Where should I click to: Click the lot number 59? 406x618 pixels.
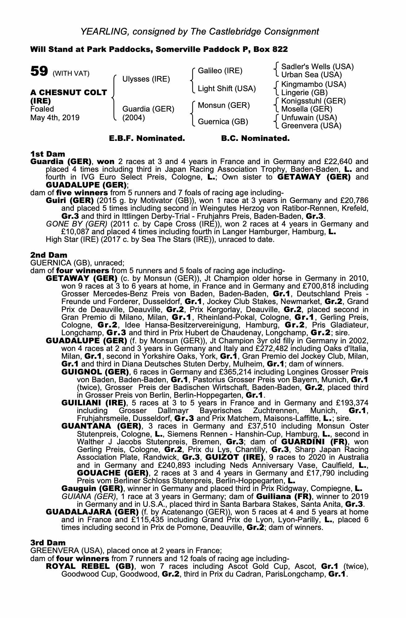[x=39, y=71]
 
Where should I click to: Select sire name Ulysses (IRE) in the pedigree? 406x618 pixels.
[x=146, y=79]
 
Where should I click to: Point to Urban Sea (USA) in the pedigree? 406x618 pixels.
[x=311, y=75]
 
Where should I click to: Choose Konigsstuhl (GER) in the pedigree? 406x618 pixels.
[x=313, y=101]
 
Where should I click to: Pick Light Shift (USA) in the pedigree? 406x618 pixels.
[x=227, y=89]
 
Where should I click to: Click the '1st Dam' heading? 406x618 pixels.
[x=48, y=154]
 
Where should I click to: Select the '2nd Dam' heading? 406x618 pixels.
[x=49, y=255]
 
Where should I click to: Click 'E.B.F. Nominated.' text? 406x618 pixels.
[x=147, y=138]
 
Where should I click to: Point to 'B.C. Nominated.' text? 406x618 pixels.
[x=255, y=138]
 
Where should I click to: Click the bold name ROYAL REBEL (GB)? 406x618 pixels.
[x=90, y=567]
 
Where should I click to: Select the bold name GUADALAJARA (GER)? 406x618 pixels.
[x=92, y=512]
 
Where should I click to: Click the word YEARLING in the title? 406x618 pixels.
[x=103, y=31]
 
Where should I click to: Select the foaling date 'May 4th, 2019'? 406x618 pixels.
[x=55, y=117]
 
